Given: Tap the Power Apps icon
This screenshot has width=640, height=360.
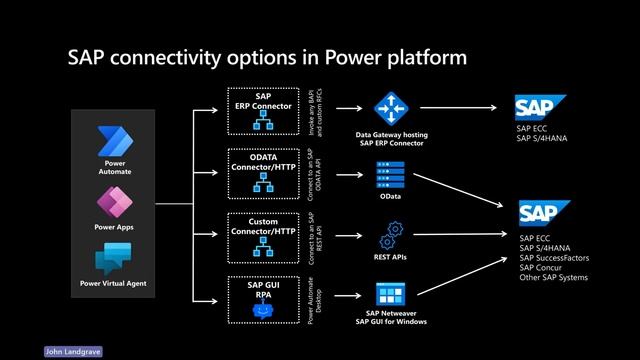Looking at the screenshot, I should pos(114,201).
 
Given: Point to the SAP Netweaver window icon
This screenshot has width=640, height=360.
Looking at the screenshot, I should pos(389,294).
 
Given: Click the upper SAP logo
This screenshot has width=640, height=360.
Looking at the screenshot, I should pos(540,107).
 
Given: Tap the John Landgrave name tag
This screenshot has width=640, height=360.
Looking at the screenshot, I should pos(73,352).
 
